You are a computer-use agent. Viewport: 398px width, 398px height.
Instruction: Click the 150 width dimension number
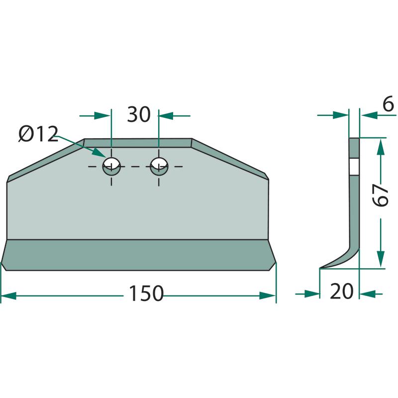tap(146, 293)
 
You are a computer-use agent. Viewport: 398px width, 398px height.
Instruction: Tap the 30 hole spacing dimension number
tap(139, 114)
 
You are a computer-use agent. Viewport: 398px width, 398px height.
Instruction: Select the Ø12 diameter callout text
tap(39, 134)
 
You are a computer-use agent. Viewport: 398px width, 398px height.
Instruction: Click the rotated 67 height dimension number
tap(381, 195)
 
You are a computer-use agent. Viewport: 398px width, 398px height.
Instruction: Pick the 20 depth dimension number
tap(341, 291)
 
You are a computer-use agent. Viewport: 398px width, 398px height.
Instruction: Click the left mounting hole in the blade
tap(111, 166)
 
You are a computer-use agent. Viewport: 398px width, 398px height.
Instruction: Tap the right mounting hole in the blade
tap(159, 166)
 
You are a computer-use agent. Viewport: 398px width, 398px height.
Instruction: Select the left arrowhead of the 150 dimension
tap(8, 296)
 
